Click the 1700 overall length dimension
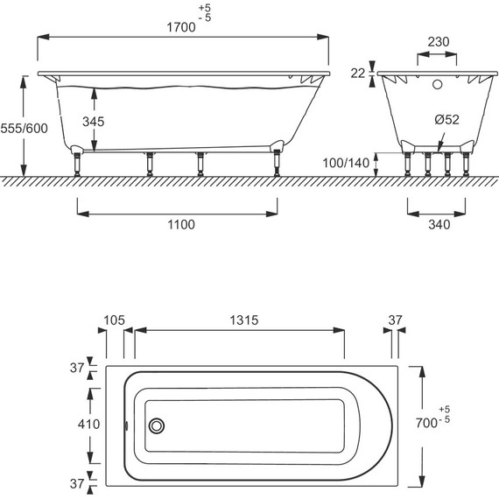click(181, 27)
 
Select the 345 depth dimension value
click(94, 122)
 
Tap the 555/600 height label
click(25, 128)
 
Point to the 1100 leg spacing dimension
click(181, 225)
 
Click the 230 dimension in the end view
click(439, 42)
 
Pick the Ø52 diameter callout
click(446, 120)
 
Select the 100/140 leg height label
click(346, 163)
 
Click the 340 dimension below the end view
click(439, 225)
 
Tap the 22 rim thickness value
click(358, 74)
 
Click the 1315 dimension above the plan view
click(244, 320)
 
